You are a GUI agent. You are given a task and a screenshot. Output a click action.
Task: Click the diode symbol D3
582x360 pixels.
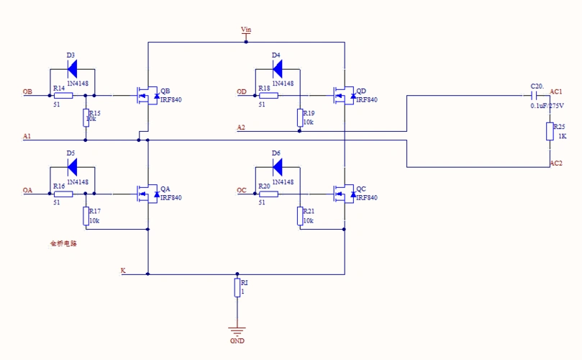point(72,69)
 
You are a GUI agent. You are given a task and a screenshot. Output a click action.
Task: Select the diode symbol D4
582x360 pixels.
point(277,69)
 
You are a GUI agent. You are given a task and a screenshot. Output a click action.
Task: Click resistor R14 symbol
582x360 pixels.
point(63,95)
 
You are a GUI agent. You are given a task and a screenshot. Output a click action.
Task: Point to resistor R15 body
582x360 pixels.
point(86,117)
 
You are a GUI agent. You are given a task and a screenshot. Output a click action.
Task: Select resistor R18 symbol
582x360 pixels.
point(268,95)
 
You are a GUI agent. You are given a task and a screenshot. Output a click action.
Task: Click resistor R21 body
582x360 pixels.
point(299,215)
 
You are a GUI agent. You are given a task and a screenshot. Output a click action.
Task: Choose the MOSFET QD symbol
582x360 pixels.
point(343,95)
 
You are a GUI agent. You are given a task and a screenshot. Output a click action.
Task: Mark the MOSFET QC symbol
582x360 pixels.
point(343,193)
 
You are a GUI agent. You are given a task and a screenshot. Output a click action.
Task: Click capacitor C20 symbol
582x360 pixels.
point(535,94)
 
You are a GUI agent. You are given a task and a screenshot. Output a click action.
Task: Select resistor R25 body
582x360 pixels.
point(550,131)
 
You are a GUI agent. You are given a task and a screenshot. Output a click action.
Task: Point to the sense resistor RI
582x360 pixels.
point(237,288)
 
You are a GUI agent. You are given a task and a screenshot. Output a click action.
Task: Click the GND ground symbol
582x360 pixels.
point(237,330)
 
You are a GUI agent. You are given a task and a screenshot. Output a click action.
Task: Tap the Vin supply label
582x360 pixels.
point(246,30)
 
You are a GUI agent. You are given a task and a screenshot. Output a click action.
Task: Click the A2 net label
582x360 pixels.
point(241,127)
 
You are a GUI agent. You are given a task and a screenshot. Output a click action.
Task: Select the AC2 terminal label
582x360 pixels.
point(556,163)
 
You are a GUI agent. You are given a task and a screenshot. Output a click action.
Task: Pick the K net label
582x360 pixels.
point(123,271)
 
